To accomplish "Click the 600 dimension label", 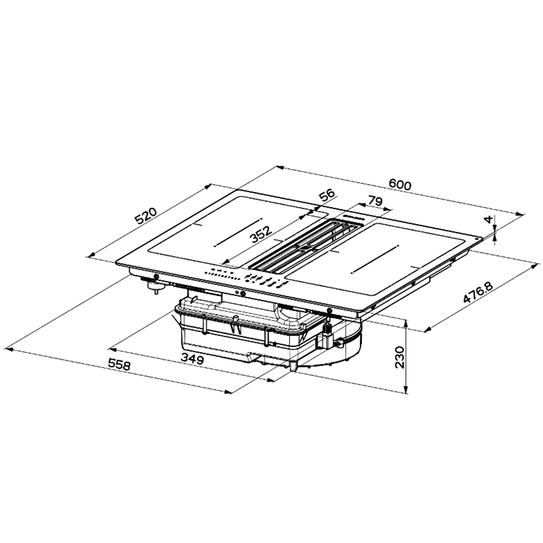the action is (400, 184).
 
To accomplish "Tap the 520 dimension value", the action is (146, 217).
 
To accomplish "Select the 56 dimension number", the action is (327, 195).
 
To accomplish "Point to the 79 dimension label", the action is (375, 201).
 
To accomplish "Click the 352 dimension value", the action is (261, 234).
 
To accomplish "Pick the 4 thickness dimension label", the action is (488, 219).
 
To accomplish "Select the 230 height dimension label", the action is (400, 358).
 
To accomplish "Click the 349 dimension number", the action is (192, 359).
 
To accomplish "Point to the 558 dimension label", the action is (119, 364).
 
